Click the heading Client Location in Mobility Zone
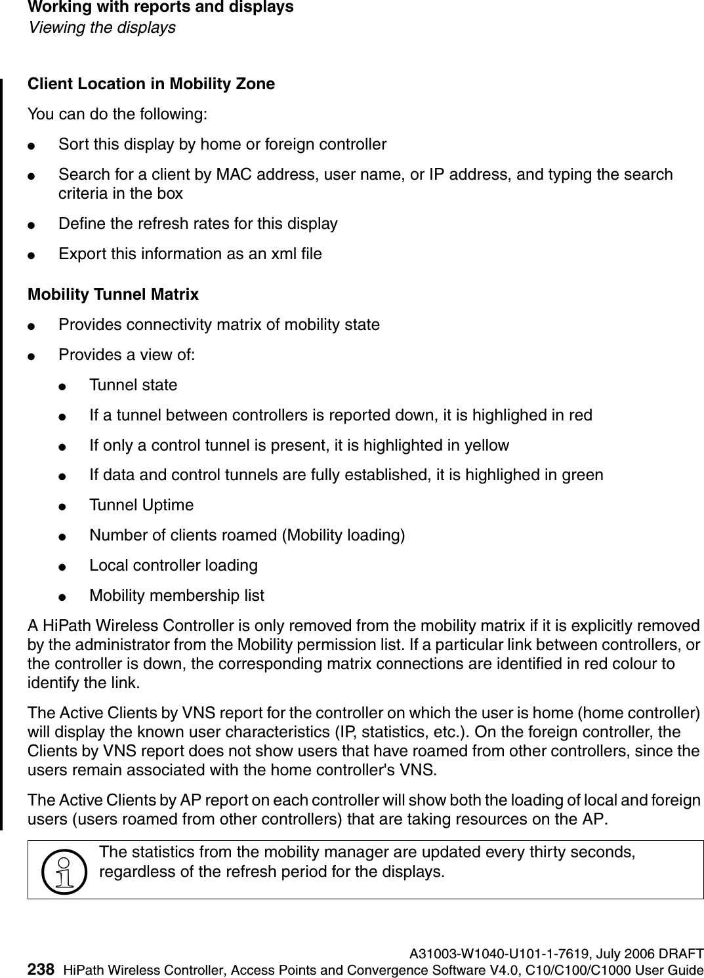(x=151, y=84)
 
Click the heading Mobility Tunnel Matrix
(x=113, y=295)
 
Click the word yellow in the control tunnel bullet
(x=487, y=445)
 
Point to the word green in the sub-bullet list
(x=583, y=475)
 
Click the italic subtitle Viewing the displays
(x=101, y=28)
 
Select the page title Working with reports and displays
(x=160, y=8)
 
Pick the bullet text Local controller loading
(x=173, y=565)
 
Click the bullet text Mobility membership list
(x=176, y=596)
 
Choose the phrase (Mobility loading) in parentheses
(x=343, y=535)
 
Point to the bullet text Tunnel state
(x=133, y=385)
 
